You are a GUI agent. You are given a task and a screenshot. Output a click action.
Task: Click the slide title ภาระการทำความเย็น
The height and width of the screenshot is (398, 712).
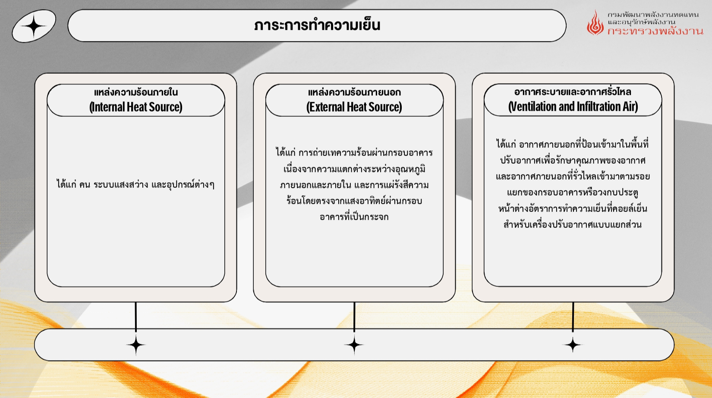pyautogui.click(x=317, y=25)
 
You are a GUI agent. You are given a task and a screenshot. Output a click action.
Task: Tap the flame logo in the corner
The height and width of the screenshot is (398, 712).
pyautogui.click(x=595, y=23)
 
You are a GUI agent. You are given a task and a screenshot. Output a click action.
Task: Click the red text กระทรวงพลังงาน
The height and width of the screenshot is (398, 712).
pyautogui.click(x=655, y=31)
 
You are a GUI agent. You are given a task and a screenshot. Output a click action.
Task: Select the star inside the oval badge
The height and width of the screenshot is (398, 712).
pyautogui.click(x=34, y=26)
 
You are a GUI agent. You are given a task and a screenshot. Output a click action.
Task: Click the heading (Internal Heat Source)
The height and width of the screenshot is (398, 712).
pyautogui.click(x=136, y=107)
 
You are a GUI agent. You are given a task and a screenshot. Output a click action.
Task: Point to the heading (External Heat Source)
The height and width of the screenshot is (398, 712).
pyautogui.click(x=354, y=107)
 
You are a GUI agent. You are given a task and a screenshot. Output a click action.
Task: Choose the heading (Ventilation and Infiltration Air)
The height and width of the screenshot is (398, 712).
pyautogui.click(x=573, y=106)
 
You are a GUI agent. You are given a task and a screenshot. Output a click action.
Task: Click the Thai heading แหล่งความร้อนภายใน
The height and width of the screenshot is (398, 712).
pyautogui.click(x=136, y=92)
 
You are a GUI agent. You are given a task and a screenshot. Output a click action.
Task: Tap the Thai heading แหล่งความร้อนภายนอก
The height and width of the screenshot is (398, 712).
pyautogui.click(x=354, y=92)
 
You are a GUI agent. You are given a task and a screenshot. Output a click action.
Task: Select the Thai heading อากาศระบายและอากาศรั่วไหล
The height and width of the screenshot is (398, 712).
pyautogui.click(x=573, y=92)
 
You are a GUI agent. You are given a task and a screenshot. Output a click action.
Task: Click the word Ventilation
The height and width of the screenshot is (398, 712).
pyautogui.click(x=532, y=106)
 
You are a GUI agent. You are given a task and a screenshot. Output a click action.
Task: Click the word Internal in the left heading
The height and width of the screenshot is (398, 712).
pyautogui.click(x=108, y=107)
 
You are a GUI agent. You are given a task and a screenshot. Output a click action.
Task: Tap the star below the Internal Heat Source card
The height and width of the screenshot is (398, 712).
pyautogui.click(x=136, y=345)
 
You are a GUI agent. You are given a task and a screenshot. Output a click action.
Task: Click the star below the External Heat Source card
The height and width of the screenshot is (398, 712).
pyautogui.click(x=354, y=345)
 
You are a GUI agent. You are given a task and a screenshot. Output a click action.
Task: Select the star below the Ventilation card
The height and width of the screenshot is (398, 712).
pyautogui.click(x=573, y=345)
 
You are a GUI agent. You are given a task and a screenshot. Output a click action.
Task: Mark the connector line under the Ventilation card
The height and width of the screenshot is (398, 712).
pyautogui.click(x=573, y=317)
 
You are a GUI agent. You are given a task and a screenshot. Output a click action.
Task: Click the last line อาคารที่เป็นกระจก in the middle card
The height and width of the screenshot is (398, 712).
pyautogui.click(x=354, y=217)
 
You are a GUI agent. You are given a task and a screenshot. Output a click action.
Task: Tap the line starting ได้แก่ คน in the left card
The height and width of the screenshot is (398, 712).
pyautogui.click(x=135, y=185)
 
